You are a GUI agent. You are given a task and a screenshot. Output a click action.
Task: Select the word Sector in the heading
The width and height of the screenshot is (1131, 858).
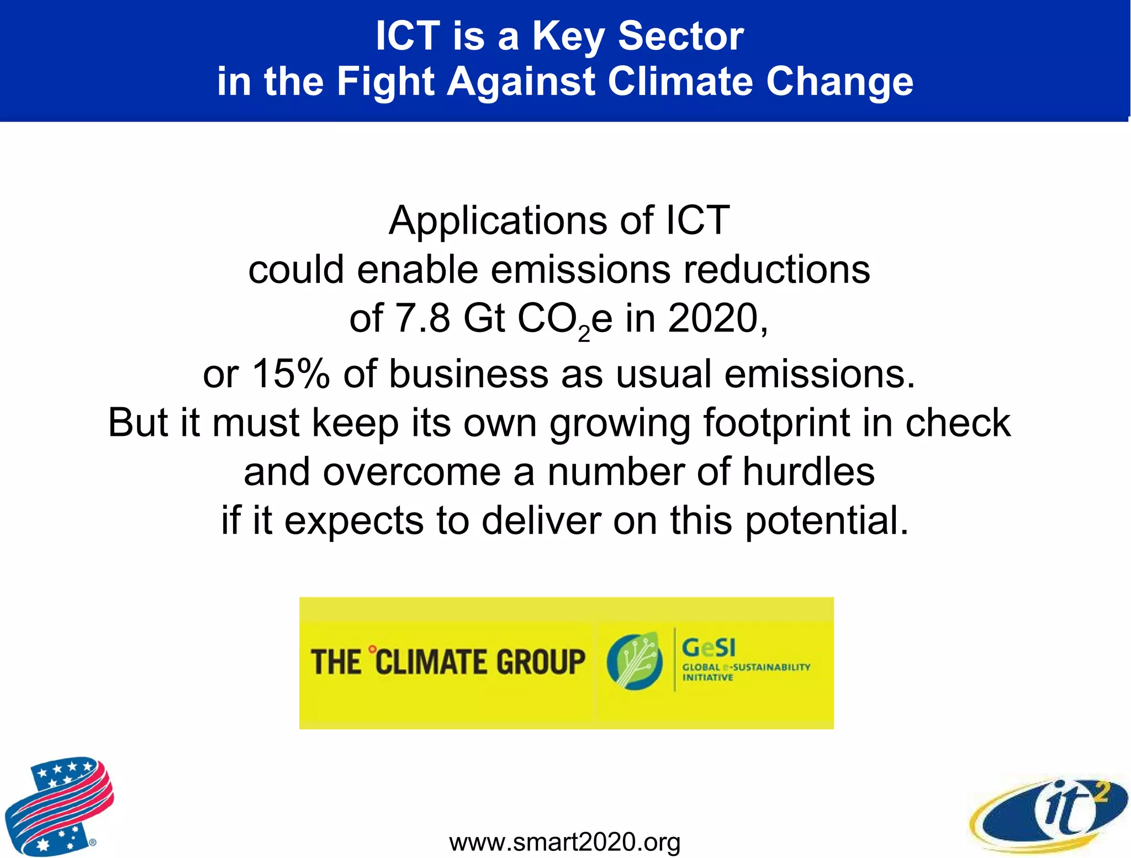click(681, 36)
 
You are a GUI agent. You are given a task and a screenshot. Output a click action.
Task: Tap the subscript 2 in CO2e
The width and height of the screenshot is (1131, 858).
click(584, 333)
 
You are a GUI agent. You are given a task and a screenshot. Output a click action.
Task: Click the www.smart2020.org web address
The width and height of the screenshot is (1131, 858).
click(564, 842)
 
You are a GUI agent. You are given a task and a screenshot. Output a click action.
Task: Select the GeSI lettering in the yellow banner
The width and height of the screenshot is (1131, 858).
click(709, 648)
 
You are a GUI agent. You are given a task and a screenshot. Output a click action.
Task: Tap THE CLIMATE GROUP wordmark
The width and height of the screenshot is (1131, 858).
click(448, 662)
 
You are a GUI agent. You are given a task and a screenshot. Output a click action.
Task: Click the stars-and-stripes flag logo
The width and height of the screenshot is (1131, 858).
click(58, 806)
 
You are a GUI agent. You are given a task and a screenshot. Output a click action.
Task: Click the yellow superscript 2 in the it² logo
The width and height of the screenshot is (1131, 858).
click(1100, 792)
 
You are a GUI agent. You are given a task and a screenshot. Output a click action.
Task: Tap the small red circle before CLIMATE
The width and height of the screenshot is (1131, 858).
click(372, 649)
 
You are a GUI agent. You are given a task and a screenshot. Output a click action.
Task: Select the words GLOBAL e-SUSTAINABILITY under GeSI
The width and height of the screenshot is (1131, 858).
click(746, 667)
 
